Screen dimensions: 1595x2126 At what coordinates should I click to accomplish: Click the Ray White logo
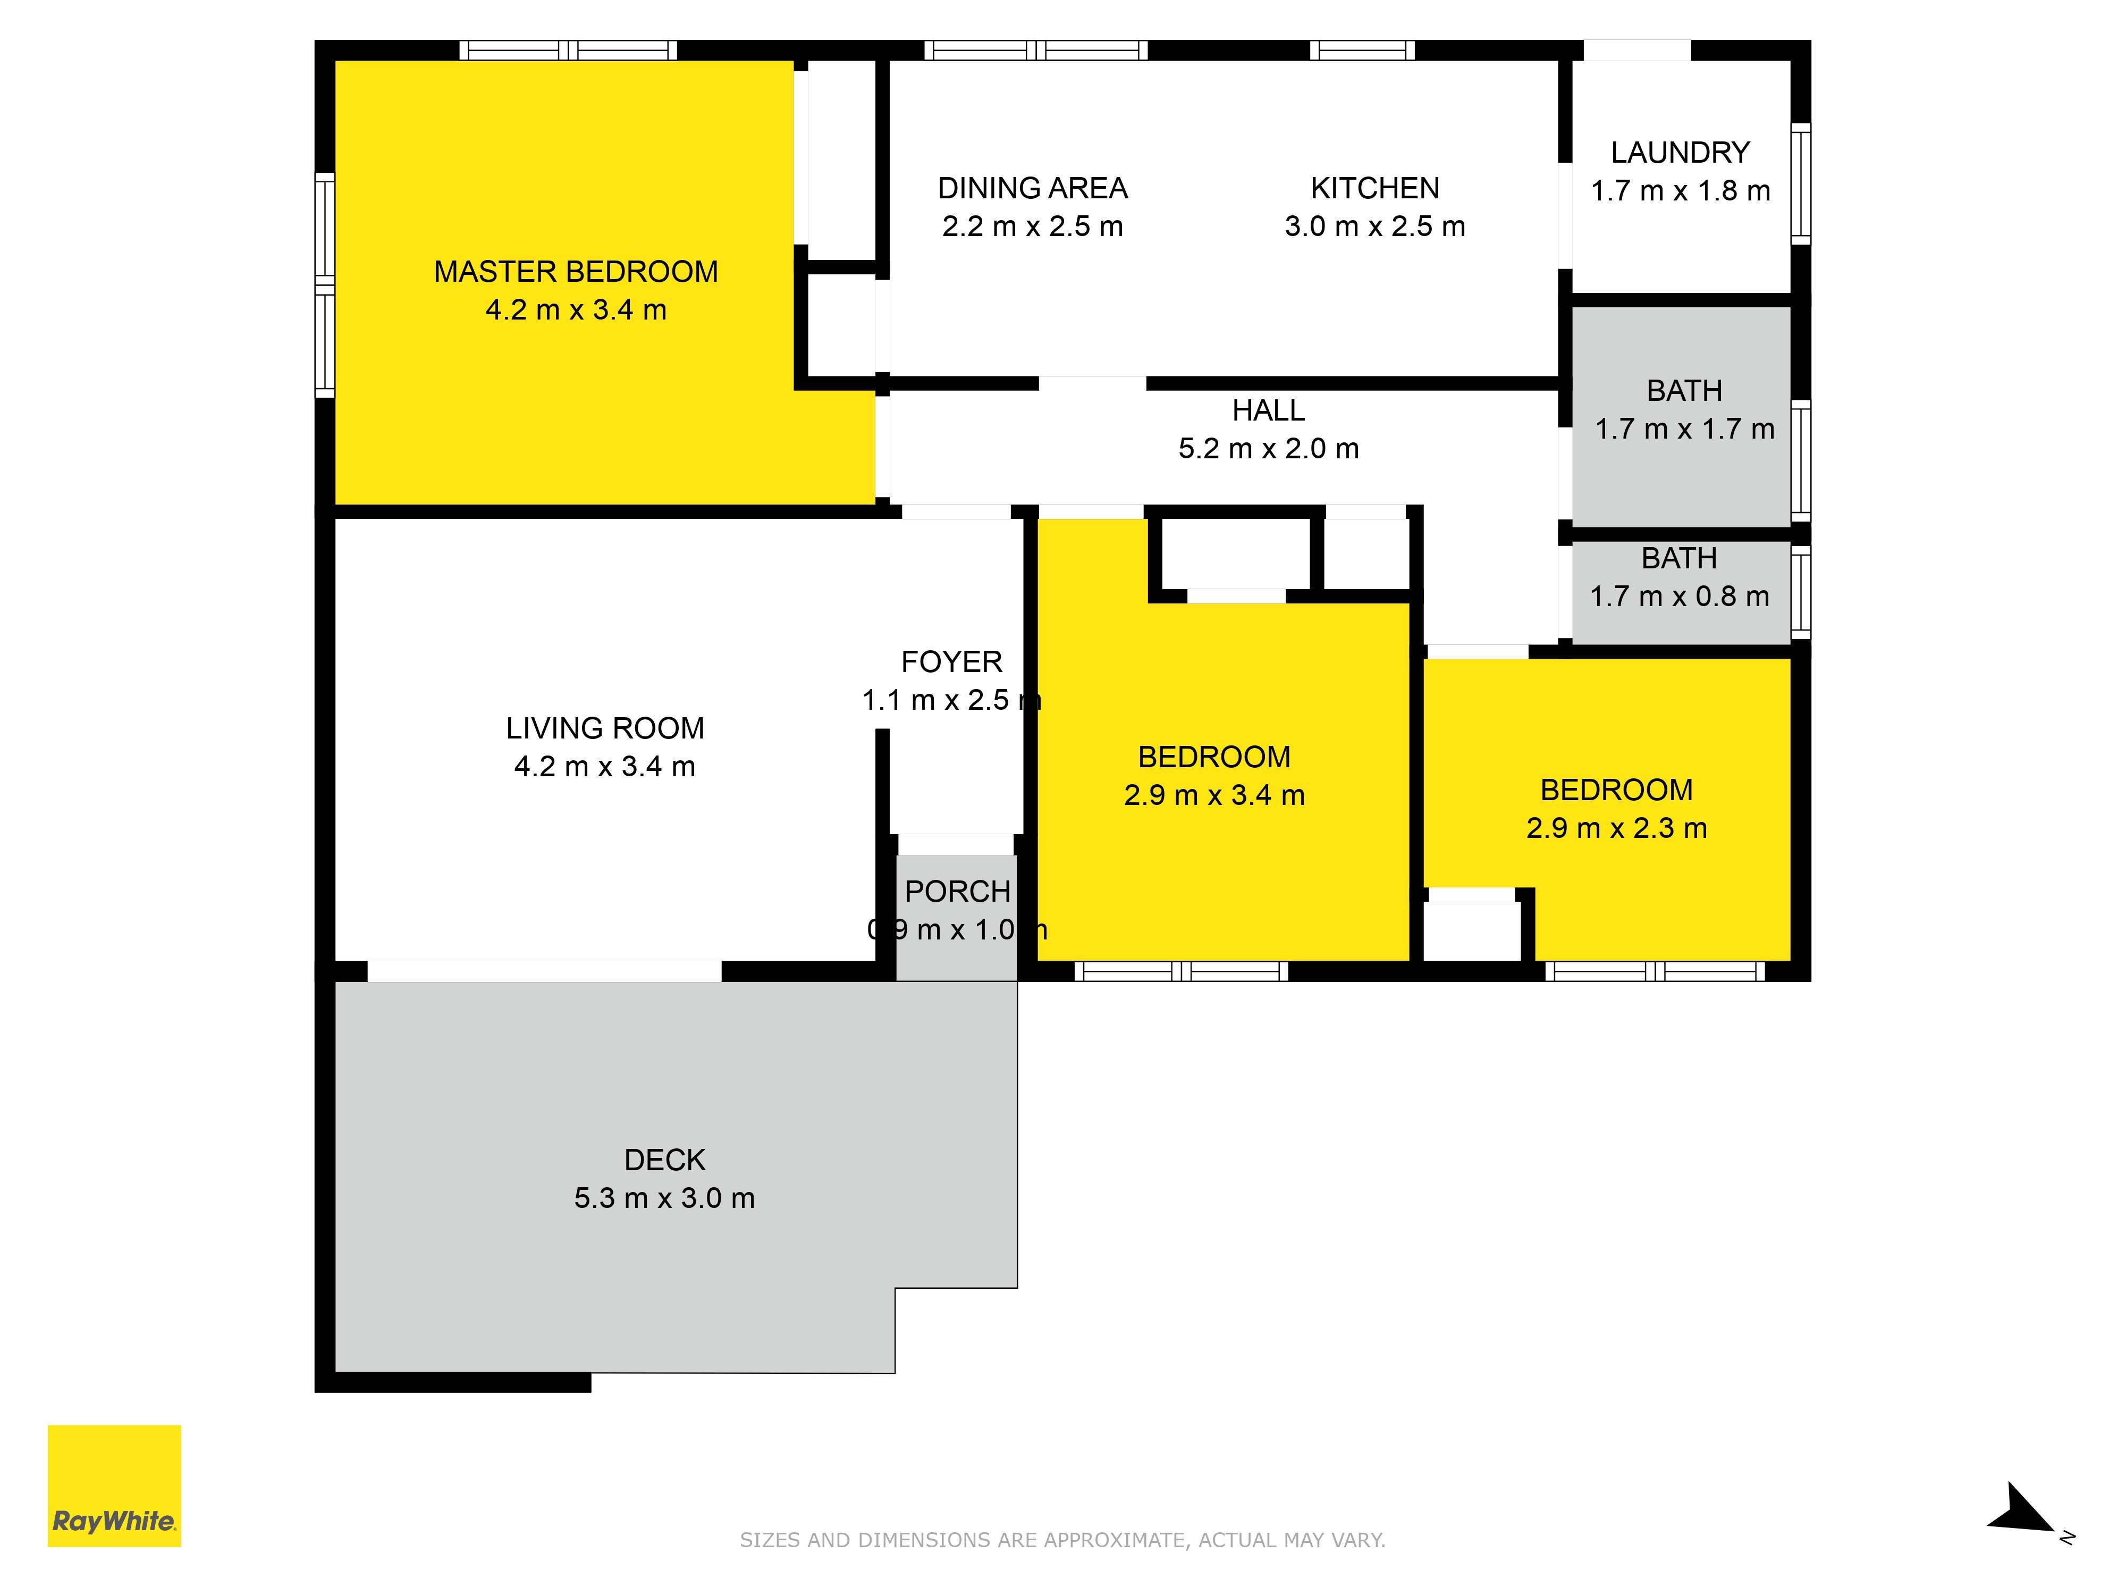coord(114,1485)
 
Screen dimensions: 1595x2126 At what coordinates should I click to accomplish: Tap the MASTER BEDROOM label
coord(576,272)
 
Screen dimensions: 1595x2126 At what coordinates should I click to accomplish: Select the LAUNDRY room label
coord(1680,153)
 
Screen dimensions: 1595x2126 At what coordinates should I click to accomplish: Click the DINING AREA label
coord(1032,188)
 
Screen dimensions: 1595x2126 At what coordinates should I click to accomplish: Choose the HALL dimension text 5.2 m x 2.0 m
coord(1269,449)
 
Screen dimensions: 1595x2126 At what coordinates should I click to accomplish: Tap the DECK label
coord(664,1161)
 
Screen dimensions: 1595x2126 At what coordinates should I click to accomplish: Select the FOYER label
coord(951,662)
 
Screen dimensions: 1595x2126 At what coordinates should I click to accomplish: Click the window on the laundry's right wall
coord(1800,183)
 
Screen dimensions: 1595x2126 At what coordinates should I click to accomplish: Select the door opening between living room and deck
coord(544,971)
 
